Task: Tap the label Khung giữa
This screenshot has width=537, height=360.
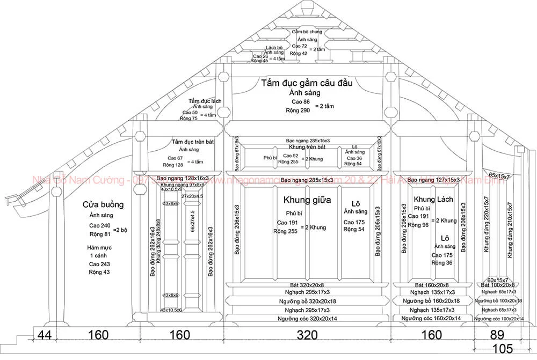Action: point(307,200)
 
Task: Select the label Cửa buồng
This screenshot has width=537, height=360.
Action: point(104,204)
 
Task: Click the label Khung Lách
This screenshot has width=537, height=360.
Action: point(434,200)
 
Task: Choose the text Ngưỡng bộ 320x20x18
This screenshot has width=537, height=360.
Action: point(307,302)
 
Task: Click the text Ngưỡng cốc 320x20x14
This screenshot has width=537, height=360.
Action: point(307,319)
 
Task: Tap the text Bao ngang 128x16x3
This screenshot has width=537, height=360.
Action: point(182,178)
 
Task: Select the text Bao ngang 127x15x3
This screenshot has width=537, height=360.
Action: point(434,180)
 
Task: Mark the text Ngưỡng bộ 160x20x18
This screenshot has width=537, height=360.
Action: point(433,302)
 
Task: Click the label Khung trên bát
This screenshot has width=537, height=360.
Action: point(307,146)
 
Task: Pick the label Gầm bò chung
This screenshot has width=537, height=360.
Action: point(307,32)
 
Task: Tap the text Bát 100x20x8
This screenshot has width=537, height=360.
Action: point(498,285)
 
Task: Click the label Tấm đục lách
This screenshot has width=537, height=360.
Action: point(205,101)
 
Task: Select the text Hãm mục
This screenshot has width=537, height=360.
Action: point(99,248)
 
